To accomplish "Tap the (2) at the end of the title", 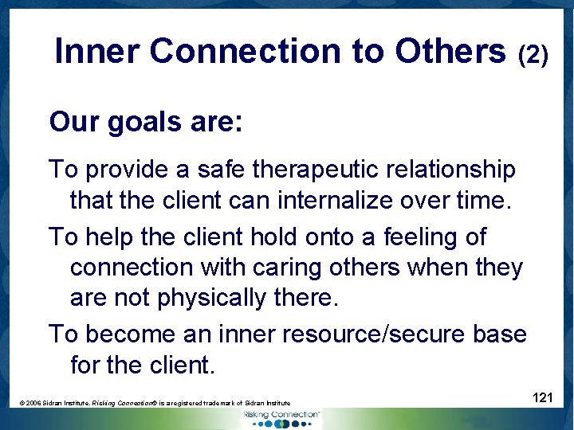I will click(533, 55).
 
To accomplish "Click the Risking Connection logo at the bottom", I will click(281, 417).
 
